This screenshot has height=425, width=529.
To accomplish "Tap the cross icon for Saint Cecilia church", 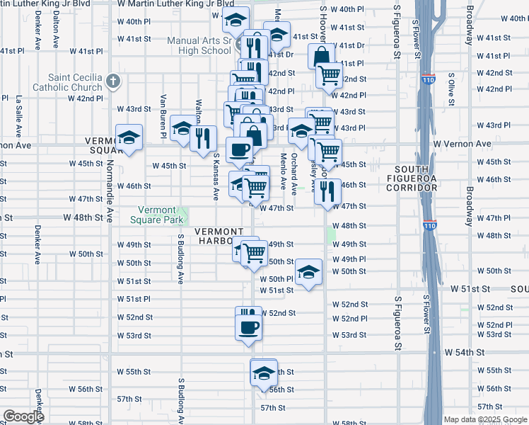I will pyautogui.click(x=112, y=80).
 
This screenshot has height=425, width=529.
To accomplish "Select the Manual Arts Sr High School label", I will pyautogui.click(x=199, y=45).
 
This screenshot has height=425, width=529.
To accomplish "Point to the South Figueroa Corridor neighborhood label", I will pyautogui.click(x=416, y=178).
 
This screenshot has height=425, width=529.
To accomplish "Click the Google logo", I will pyautogui.click(x=23, y=416).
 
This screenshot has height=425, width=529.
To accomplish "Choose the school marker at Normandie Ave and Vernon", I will pyautogui.click(x=129, y=137).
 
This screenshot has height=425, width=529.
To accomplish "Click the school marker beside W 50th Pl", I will pyautogui.click(x=308, y=272).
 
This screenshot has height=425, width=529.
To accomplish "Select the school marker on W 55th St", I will pyautogui.click(x=264, y=373).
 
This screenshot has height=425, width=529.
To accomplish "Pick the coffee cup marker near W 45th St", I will pyautogui.click(x=239, y=149).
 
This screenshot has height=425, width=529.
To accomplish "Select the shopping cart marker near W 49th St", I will pyautogui.click(x=253, y=252).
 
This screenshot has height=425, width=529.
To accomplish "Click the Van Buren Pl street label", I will pyautogui.click(x=163, y=113).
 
